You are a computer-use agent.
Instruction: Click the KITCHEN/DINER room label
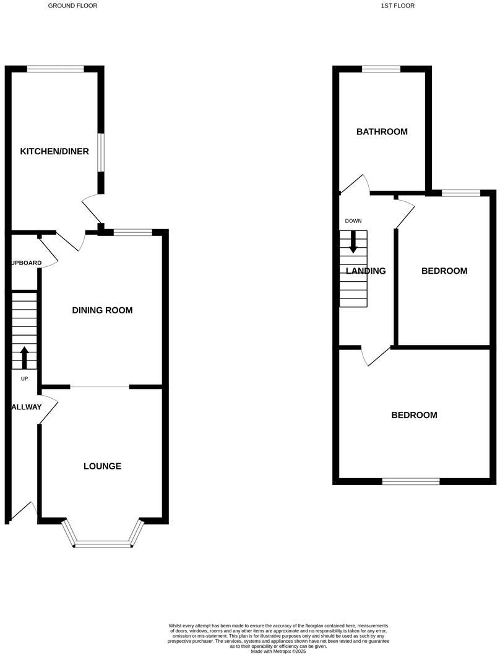click(54, 152)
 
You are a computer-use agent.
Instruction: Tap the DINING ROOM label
click(102, 310)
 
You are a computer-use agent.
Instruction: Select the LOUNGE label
click(102, 466)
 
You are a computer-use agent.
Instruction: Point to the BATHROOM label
click(382, 132)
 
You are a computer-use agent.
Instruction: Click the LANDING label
click(366, 271)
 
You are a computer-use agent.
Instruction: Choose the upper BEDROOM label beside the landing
click(444, 271)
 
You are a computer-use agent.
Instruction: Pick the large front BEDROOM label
click(414, 416)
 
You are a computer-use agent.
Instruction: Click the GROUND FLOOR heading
click(72, 6)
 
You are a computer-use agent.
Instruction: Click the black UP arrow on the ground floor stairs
click(25, 357)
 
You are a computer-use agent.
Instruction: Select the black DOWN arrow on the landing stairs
click(353, 242)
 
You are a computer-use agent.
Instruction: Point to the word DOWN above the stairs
click(353, 221)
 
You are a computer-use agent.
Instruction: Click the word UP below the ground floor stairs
click(25, 378)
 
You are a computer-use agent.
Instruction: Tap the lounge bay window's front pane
click(103, 544)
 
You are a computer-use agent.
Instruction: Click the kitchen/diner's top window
click(56, 69)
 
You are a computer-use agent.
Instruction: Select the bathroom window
click(381, 69)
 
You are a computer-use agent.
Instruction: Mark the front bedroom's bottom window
click(411, 481)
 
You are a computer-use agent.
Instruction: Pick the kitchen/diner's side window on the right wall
click(101, 150)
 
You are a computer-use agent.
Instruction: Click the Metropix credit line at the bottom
click(278, 651)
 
